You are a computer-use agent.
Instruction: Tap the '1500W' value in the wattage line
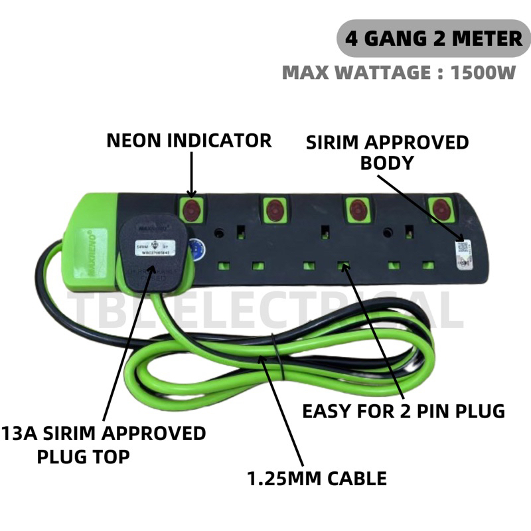pos(483,72)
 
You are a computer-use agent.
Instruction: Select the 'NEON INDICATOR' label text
pos(189,141)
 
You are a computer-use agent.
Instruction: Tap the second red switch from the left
pos(274,210)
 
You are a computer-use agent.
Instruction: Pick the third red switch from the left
pos(358,210)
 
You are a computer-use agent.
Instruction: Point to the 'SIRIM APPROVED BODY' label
pos(387,152)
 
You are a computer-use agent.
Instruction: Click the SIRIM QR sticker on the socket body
pos(462,254)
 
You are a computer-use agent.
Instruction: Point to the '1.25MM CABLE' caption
pos(317,477)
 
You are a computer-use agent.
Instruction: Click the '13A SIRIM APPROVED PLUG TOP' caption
pos(103,445)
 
